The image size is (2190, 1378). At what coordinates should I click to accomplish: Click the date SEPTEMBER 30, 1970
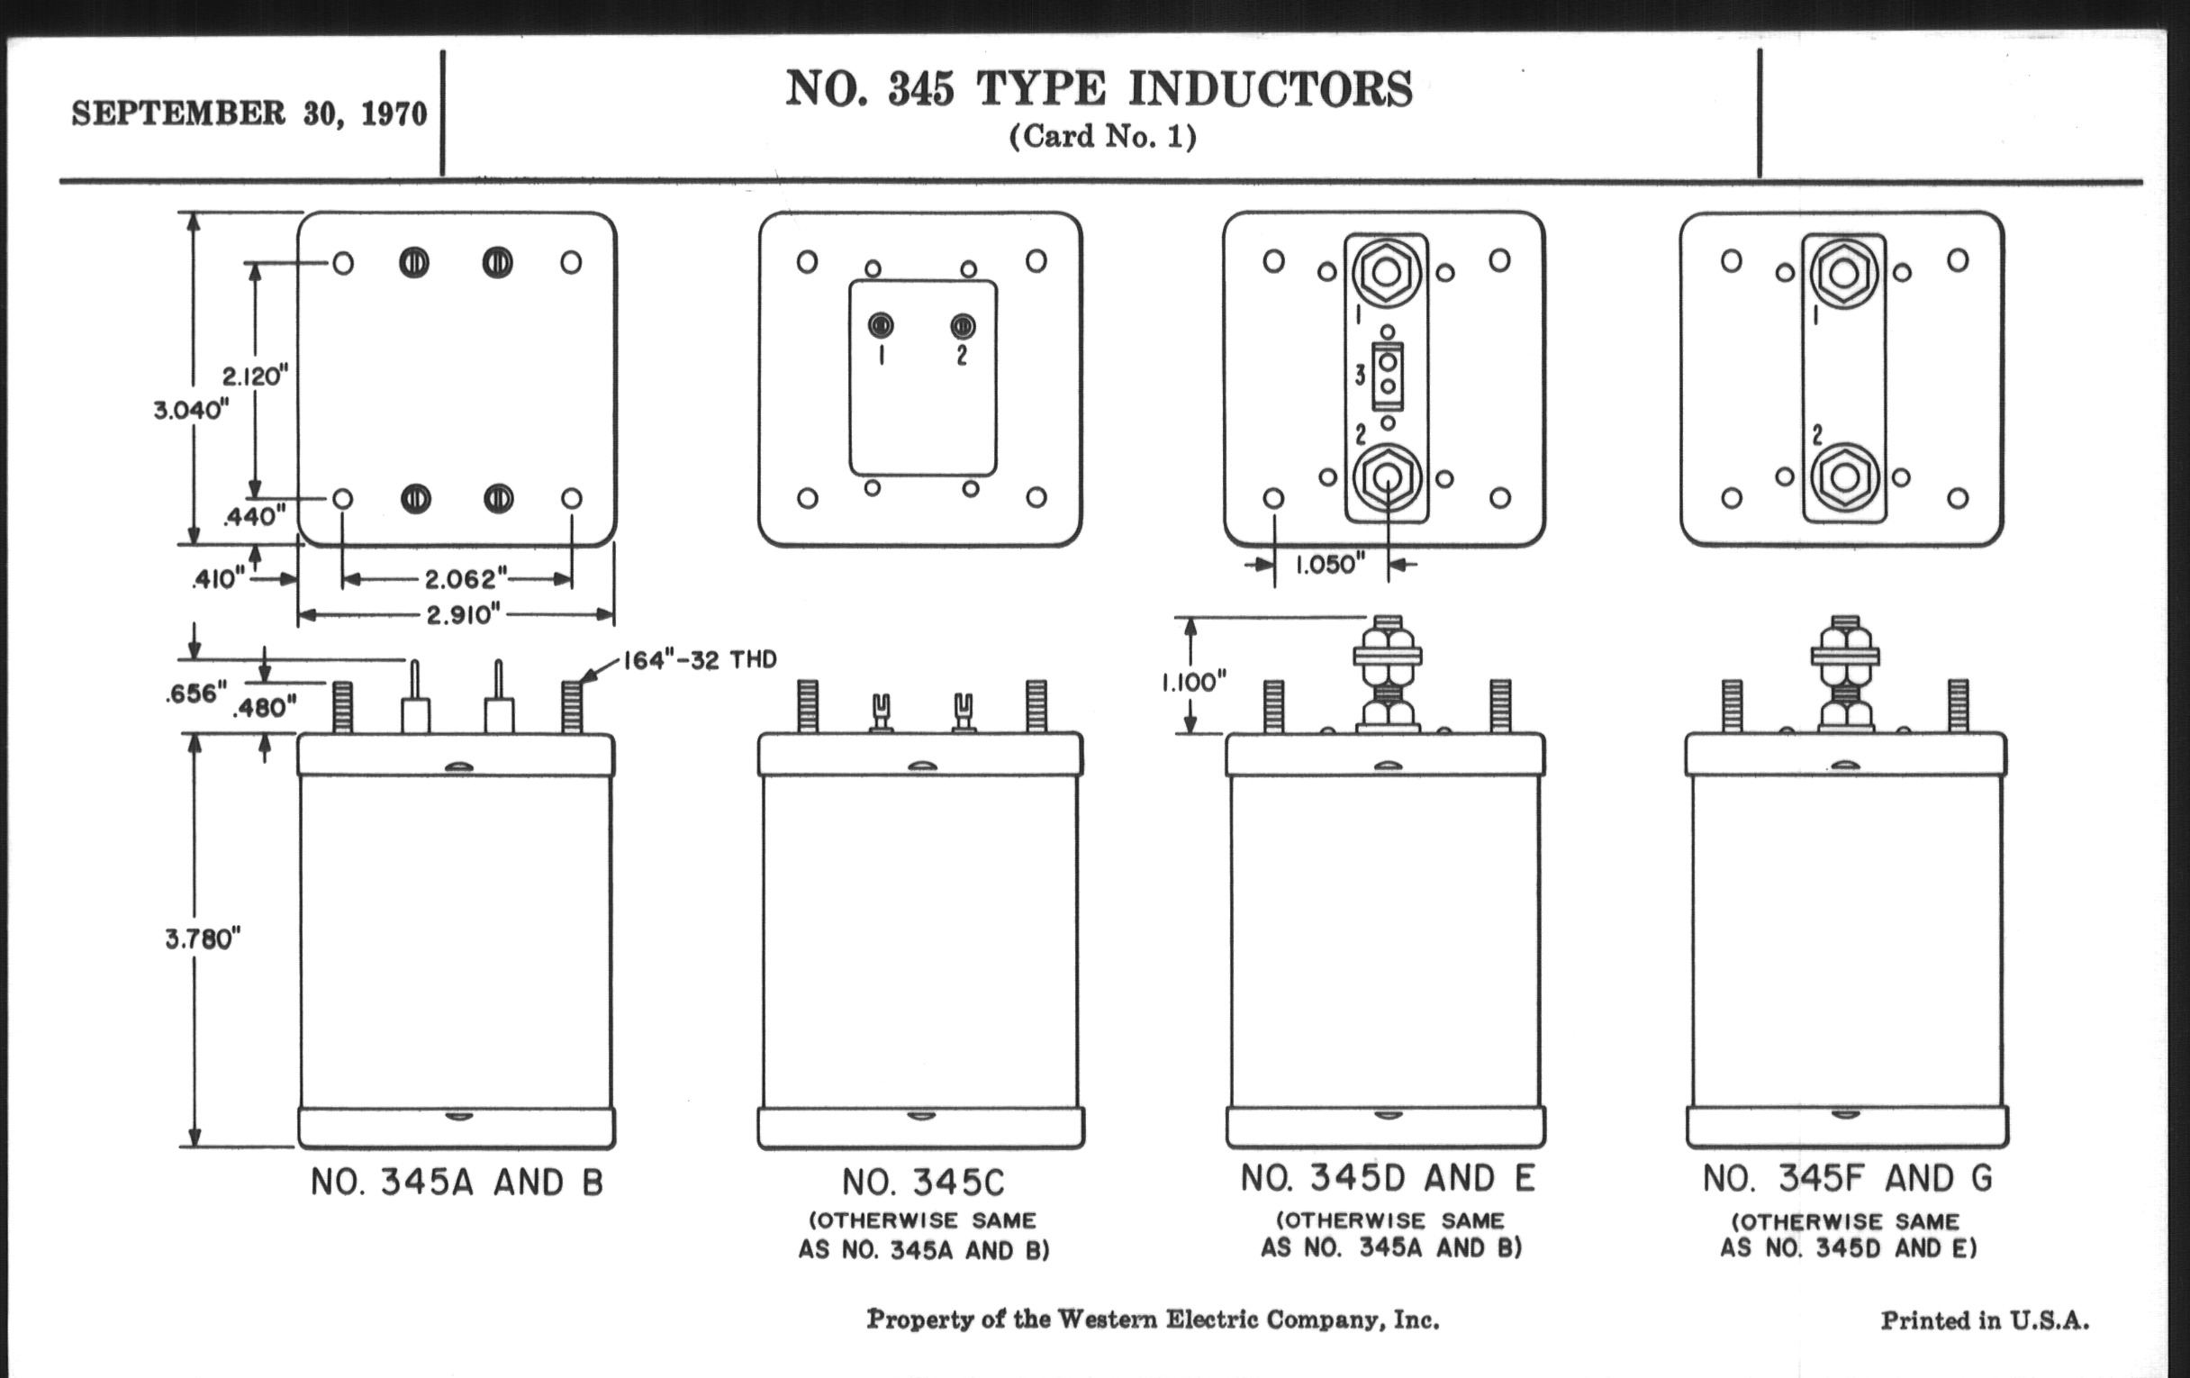(249, 114)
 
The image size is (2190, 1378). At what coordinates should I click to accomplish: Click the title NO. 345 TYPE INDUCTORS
(1099, 89)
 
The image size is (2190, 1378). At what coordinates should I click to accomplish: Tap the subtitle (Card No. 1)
(1102, 136)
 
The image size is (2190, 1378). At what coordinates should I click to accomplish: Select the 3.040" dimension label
(191, 410)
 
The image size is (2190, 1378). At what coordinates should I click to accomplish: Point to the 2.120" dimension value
(256, 376)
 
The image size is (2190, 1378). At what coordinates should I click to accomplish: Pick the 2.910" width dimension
(464, 615)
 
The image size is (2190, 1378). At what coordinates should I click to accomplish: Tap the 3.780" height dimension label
(203, 938)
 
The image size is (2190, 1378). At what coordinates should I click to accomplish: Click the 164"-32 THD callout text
(700, 659)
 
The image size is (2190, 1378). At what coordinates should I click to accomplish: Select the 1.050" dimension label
(1330, 565)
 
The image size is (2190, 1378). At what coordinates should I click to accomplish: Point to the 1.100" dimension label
(1193, 682)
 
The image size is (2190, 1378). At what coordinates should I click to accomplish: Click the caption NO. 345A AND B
(457, 1183)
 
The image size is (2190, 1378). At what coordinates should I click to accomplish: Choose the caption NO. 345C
(923, 1183)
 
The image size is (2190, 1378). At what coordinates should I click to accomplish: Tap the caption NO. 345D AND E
(1389, 1179)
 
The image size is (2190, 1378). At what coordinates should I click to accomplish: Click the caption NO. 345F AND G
(1848, 1179)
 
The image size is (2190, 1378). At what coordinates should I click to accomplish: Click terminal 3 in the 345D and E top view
(1388, 375)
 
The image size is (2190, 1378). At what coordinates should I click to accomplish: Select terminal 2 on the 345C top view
(963, 326)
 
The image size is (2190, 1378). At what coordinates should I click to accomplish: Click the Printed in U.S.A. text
(1985, 1320)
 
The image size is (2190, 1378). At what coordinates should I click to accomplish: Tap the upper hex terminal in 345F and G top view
(1843, 273)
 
